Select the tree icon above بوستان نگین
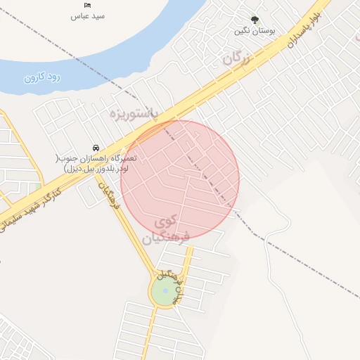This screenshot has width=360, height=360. click(x=255, y=20)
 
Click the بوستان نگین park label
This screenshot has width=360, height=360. click(x=255, y=31)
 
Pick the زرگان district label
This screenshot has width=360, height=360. click(x=237, y=60)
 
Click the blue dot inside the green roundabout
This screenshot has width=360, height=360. click(x=165, y=291)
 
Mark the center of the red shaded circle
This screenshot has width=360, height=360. click(x=180, y=179)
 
